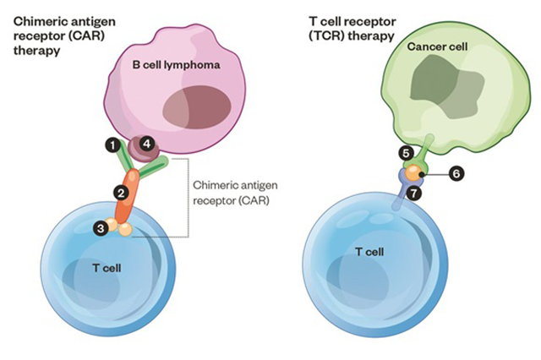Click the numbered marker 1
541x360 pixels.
pos(112,145)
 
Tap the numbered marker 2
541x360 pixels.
pos(121,194)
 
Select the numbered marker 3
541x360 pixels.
pos(101,228)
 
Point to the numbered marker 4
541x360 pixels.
pos(147,144)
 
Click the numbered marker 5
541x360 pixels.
pos(406,154)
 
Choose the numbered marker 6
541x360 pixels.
pos(456,173)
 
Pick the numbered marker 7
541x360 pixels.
pos(413,194)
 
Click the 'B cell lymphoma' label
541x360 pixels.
pos(176,65)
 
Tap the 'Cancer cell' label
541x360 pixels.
pos(437,46)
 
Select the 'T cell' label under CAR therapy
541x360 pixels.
pos(107,268)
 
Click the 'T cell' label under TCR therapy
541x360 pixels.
pos(369,252)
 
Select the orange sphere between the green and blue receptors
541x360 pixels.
pos(413,172)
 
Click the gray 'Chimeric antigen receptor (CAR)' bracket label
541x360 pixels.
pos(235,193)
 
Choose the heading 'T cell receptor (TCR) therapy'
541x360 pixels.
pos(352,29)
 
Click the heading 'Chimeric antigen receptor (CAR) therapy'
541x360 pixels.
pos(64,35)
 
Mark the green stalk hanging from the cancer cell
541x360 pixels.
pos(426,148)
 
